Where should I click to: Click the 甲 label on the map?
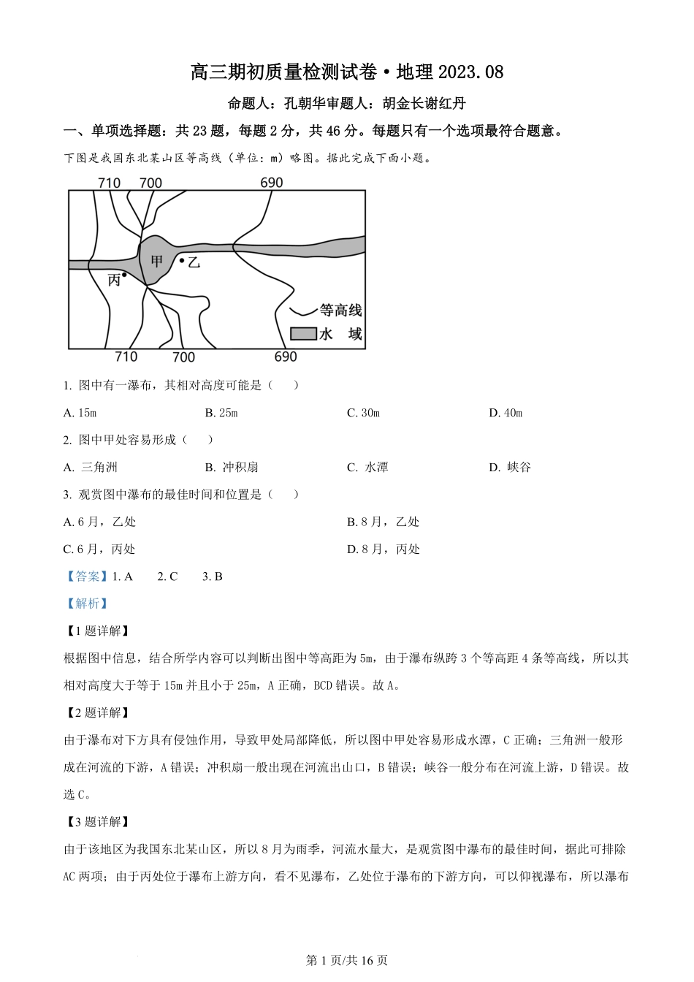coord(156,262)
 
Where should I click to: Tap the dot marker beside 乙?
coord(181,260)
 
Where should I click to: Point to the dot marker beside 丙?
coord(125,275)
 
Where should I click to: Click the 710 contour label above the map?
coord(109,183)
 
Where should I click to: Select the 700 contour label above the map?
coord(150,183)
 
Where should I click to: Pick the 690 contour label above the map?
coord(271,183)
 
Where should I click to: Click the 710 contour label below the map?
coord(126,357)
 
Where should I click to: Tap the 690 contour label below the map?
coord(286,357)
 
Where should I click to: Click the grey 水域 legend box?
coord(303,334)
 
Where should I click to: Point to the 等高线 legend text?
coord(340,311)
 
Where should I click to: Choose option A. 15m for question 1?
coord(80,413)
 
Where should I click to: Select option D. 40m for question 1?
coord(506,413)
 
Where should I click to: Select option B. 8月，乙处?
coord(383,522)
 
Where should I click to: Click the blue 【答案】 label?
coord(87,576)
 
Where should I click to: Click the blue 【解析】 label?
coord(87,604)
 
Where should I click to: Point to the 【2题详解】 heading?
coord(96,712)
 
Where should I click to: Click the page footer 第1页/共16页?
coord(346,960)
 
